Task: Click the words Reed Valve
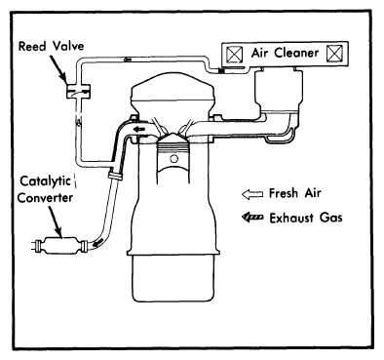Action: pos(51,46)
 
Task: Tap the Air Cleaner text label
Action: pos(285,53)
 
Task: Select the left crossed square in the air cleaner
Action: pos(235,54)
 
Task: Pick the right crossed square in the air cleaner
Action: pos(334,54)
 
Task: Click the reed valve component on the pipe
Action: pos(78,91)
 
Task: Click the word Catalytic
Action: pos(45,181)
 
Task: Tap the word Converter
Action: pos(45,197)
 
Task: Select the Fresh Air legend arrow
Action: pos(252,194)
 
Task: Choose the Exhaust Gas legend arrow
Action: pos(252,217)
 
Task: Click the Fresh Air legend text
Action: pos(294,193)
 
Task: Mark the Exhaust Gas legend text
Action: pos(306,218)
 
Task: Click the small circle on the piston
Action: pos(174,159)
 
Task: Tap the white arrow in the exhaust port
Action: pos(140,129)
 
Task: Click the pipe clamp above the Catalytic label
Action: pos(115,176)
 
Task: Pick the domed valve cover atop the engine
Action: pos(173,90)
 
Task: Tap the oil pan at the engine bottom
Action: pos(173,278)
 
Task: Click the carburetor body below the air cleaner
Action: pos(279,90)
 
